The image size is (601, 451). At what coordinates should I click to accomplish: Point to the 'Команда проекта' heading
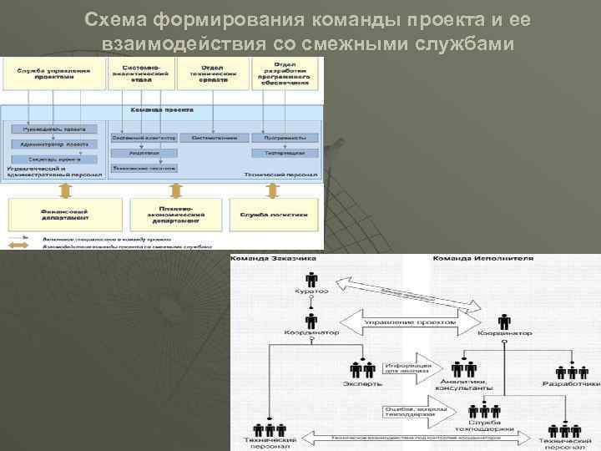pyautogui.click(x=163, y=109)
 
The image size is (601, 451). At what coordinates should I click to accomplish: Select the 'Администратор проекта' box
pyautogui.click(x=55, y=144)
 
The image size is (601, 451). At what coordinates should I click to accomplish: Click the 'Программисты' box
pyautogui.click(x=285, y=137)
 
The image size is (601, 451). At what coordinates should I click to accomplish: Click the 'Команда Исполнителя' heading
pyautogui.click(x=470, y=258)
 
